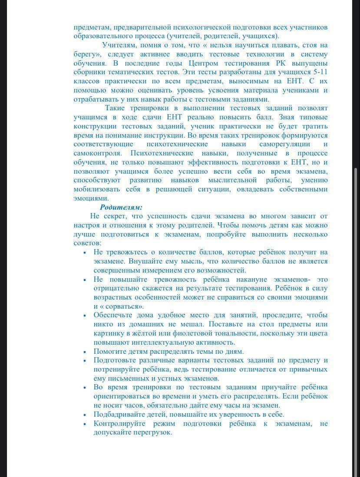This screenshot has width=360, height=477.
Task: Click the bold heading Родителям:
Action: tap(121, 207)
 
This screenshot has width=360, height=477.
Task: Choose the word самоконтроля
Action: tap(97, 153)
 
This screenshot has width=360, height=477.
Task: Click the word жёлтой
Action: tap(139, 333)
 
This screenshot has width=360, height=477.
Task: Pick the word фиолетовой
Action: tap(177, 333)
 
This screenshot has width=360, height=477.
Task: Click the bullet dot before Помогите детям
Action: tap(85, 352)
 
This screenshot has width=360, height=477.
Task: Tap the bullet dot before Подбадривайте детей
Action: tap(85, 415)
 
